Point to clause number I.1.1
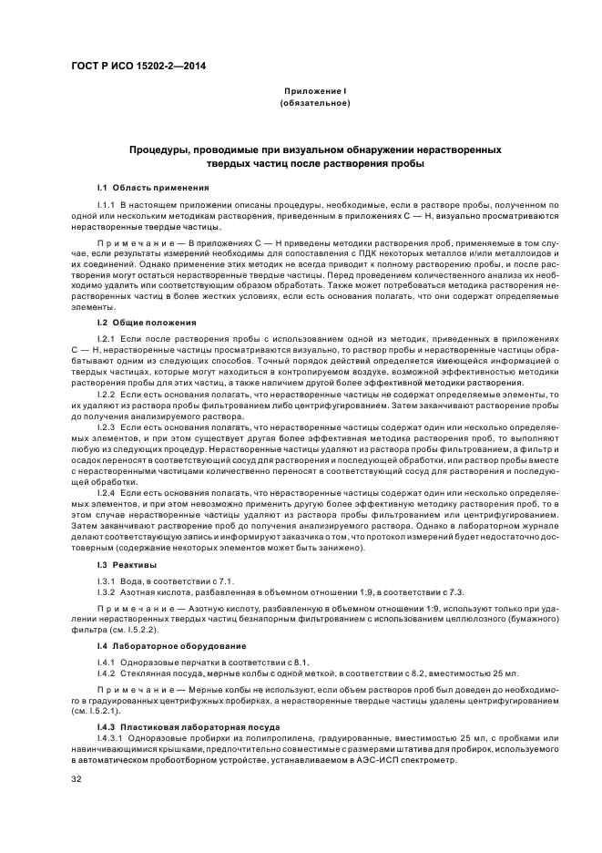point(108,205)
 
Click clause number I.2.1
point(108,338)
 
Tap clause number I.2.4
point(108,492)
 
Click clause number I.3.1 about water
point(108,581)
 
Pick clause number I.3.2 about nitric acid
point(108,592)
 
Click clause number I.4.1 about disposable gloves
point(108,661)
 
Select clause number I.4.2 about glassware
point(108,673)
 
